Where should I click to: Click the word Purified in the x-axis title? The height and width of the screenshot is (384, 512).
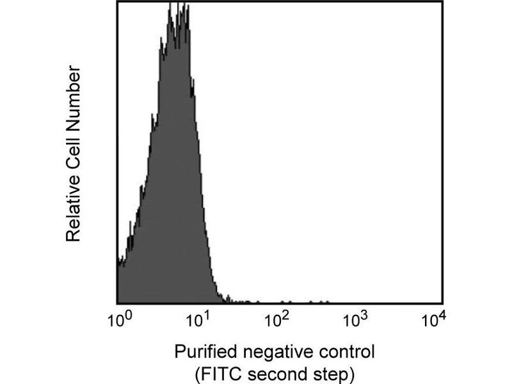point(200,352)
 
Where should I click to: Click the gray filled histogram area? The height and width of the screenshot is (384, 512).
point(170,192)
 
